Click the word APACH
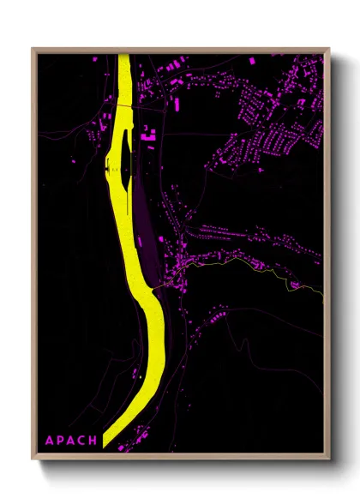[x=71, y=441]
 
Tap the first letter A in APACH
[x=49, y=441]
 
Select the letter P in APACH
[x=60, y=441]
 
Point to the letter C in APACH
[x=83, y=441]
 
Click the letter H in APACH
[x=94, y=441]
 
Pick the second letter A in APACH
[x=71, y=441]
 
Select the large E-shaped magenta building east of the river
[x=151, y=134]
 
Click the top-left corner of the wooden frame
[x=33, y=50]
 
